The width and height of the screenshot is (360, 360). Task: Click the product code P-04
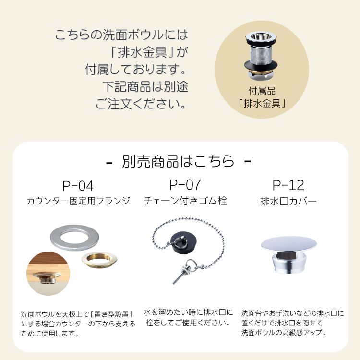[x=78, y=186]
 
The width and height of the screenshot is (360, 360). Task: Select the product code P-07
[x=185, y=185]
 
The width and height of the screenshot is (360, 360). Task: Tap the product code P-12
[x=288, y=185]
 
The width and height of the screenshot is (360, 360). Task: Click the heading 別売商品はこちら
[x=178, y=161]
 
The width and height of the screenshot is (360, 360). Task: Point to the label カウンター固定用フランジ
[x=78, y=201]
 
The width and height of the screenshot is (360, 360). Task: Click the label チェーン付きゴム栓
[x=185, y=201]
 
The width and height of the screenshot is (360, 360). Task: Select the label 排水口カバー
[x=288, y=201]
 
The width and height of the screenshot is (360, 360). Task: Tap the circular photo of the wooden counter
[x=48, y=274]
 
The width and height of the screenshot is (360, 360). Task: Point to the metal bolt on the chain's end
[x=180, y=276]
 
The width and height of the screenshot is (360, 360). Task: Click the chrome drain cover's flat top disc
[x=289, y=244]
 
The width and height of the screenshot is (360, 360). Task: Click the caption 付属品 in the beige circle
[x=262, y=91]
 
